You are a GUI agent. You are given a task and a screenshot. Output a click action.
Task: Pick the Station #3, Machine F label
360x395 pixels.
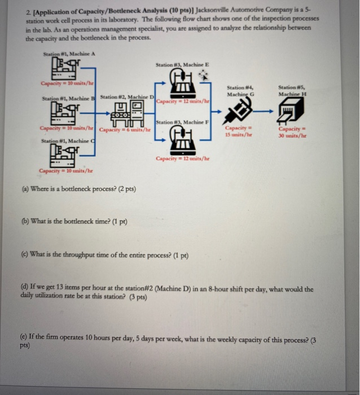[181, 121]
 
